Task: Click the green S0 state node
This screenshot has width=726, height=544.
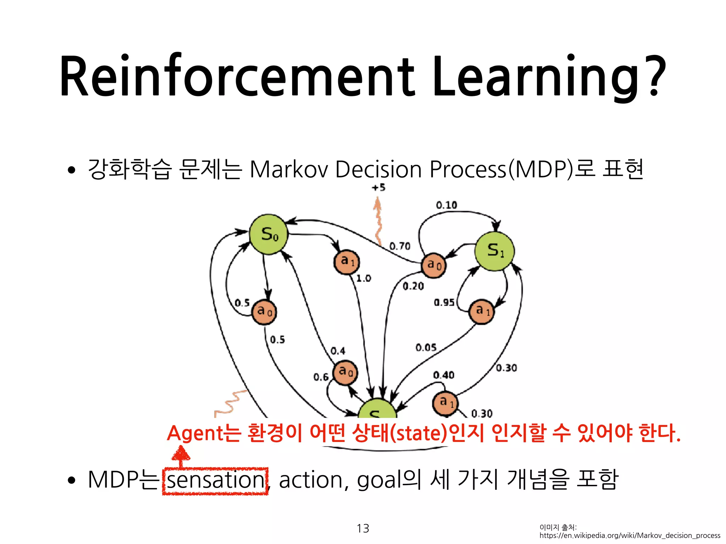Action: (x=269, y=234)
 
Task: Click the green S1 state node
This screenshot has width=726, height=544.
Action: (x=495, y=251)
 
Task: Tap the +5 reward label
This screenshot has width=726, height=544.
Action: (x=379, y=187)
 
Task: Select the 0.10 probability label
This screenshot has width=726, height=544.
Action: (x=446, y=205)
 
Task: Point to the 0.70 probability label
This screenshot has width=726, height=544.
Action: (x=400, y=246)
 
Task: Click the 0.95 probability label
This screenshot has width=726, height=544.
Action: (x=444, y=302)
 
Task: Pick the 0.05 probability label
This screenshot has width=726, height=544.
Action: (x=426, y=347)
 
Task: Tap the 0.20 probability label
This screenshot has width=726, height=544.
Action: (x=413, y=286)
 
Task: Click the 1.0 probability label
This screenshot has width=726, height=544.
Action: (x=363, y=278)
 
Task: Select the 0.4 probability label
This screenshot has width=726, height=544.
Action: (x=337, y=351)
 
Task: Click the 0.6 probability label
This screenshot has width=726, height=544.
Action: (x=321, y=377)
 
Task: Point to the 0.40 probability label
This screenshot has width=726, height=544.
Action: (x=443, y=375)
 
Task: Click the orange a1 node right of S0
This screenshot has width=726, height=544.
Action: (x=347, y=262)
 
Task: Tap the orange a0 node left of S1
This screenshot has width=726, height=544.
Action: (x=434, y=265)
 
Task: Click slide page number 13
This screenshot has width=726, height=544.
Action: (x=363, y=528)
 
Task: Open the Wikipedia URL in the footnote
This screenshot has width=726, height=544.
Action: (x=630, y=535)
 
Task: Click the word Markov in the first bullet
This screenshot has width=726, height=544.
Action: (x=289, y=169)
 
